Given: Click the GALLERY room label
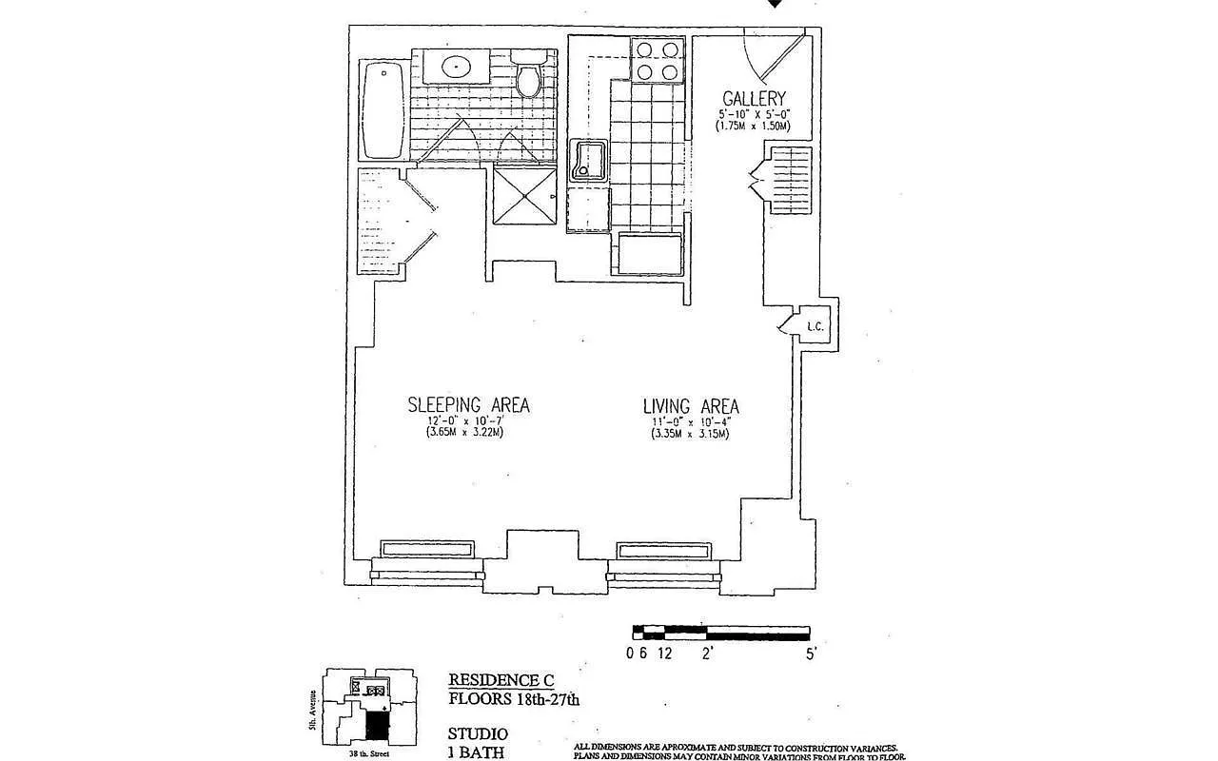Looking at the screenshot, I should point(754,98).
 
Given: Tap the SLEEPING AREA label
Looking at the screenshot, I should point(468,405).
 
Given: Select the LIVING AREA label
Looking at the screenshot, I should point(691,407).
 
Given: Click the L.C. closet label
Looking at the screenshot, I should point(815,326).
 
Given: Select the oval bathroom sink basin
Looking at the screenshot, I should point(457,67).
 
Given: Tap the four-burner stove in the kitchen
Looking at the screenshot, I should point(658,60).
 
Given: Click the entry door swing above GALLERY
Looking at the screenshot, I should point(773,55).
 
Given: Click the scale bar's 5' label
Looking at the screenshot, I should point(810,654).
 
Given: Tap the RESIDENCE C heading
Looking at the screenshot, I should point(501,680).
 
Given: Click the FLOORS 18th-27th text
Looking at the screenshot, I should point(513,699).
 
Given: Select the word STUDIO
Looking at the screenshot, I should point(478,734).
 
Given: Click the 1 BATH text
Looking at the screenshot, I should point(476,753).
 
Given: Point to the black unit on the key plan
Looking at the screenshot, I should point(378,728).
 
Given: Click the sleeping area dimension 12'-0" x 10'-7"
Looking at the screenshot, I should point(465,421).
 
